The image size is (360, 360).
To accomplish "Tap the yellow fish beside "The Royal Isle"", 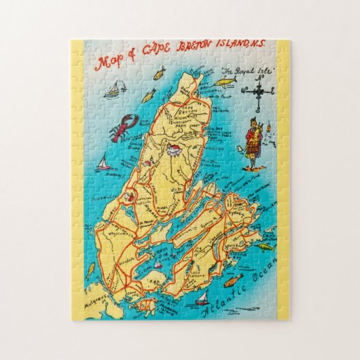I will (x=225, y=82).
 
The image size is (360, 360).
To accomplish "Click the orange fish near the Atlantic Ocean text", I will (x=232, y=280).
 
